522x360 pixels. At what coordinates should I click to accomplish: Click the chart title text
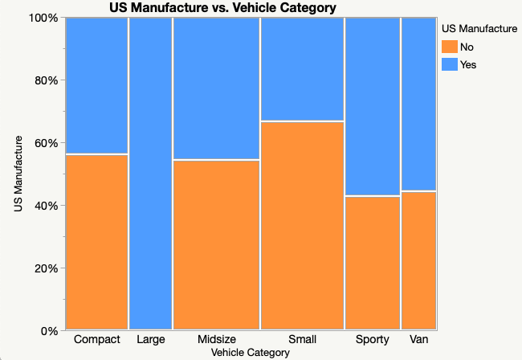tap(222, 8)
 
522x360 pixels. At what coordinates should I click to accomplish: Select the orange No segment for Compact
tap(97, 241)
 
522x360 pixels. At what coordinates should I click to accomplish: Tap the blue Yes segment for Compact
tap(97, 84)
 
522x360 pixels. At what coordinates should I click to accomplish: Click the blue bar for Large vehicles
tap(150, 173)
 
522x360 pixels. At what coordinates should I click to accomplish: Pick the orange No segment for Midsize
tap(216, 244)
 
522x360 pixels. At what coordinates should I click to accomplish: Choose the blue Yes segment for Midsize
tap(216, 88)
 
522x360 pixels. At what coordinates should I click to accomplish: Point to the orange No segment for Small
tap(302, 225)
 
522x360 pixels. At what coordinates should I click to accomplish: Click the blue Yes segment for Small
tap(302, 69)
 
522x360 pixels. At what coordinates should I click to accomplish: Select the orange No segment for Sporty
tap(372, 262)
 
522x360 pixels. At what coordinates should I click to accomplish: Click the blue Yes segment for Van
tap(418, 104)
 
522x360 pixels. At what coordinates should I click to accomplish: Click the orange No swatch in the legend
tap(450, 47)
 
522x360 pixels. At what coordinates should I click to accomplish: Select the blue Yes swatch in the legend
tap(450, 64)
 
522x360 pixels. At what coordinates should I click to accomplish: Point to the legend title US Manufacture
tap(479, 29)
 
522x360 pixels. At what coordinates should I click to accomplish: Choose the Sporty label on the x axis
tap(372, 339)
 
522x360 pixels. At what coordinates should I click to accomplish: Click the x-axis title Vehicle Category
tap(250, 352)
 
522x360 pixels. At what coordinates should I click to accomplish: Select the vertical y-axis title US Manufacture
tap(18, 174)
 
